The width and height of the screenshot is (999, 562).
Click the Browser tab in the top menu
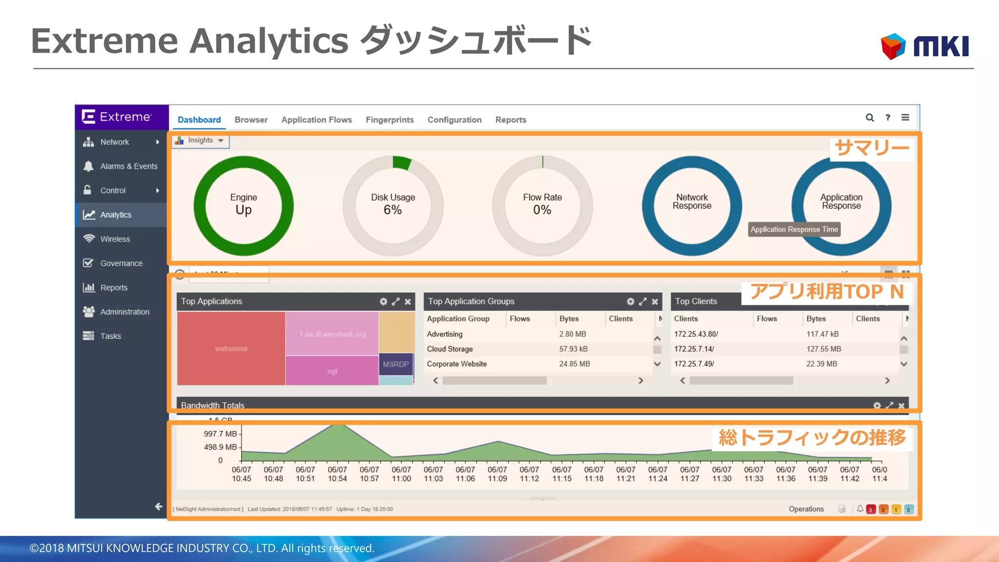[251, 120]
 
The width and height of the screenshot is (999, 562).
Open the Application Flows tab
[317, 120]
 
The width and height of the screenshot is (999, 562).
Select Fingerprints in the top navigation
[390, 120]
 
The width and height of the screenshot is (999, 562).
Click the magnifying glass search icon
[870, 118]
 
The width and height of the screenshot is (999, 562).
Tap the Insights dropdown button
[200, 140]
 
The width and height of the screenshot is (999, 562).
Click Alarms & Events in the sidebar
[128, 166]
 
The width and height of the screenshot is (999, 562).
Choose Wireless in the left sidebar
[115, 239]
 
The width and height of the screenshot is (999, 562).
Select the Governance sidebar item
[121, 263]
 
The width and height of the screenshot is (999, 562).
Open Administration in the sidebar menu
[124, 312]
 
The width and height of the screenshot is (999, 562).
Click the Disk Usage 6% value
[393, 210]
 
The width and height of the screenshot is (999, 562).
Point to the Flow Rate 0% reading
[542, 210]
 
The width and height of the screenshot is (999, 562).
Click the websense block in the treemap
[231, 348]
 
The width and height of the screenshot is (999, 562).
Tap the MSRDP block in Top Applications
[396, 364]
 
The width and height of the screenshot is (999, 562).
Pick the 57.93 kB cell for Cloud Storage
[573, 349]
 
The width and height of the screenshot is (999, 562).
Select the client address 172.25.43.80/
[696, 334]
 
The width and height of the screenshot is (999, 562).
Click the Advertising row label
[444, 334]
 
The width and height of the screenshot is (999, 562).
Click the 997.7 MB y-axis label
[220, 434]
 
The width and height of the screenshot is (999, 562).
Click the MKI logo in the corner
[925, 46]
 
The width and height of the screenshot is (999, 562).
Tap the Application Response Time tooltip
[794, 229]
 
